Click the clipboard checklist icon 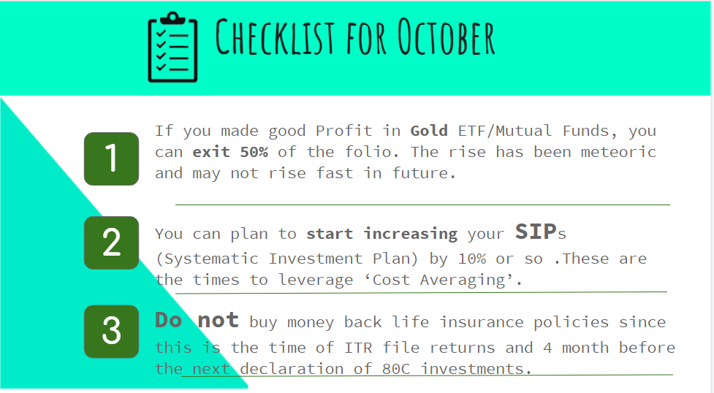click(x=172, y=47)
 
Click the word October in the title click(x=446, y=38)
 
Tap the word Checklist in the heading click(x=275, y=37)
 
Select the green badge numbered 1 click(x=112, y=159)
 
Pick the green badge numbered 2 click(x=112, y=243)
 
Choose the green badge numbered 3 click(x=112, y=332)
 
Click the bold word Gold click(x=429, y=131)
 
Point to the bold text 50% click(x=254, y=152)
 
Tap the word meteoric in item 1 click(x=618, y=152)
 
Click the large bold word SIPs click(x=541, y=232)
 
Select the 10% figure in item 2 click(x=472, y=259)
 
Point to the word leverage click(x=316, y=280)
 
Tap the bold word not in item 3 click(x=218, y=320)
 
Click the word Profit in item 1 click(x=343, y=131)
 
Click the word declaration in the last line click(x=292, y=368)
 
